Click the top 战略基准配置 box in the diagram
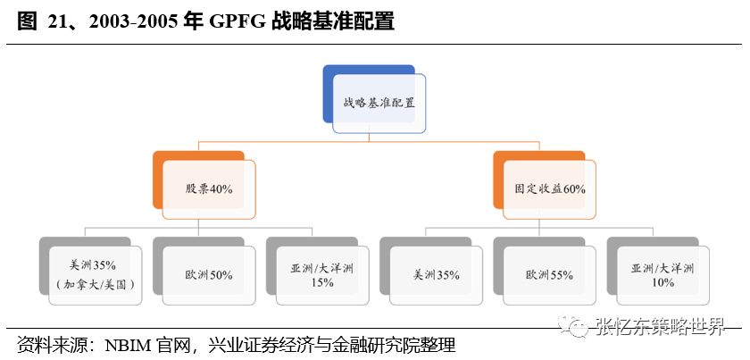379,104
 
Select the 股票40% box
209,189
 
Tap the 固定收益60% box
550,189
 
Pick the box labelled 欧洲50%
209,275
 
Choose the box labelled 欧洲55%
549,275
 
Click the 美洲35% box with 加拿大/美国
96,275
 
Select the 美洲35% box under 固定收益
436,275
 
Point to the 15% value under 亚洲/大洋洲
322,283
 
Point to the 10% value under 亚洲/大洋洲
662,283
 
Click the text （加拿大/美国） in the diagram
96,284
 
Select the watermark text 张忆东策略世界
661,328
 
